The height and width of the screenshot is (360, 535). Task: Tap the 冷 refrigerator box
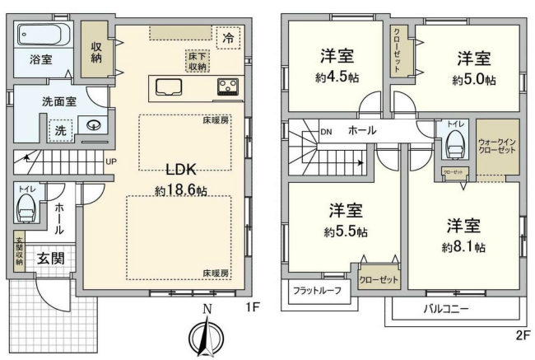point(227,38)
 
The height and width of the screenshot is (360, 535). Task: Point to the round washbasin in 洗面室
point(94,126)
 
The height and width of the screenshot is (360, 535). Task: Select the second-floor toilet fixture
point(454,145)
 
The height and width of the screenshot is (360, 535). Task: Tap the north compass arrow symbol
point(208,334)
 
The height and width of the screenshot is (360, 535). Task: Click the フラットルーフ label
point(317,290)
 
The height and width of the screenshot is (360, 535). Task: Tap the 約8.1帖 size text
point(463,246)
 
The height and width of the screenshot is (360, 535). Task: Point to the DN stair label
point(325,131)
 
